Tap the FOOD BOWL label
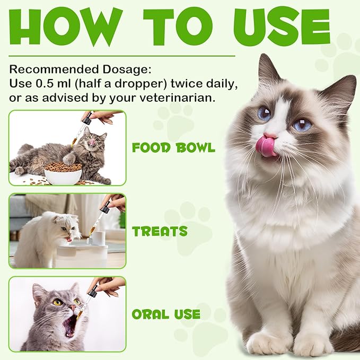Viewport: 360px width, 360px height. (173, 147)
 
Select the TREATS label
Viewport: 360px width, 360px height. (160, 231)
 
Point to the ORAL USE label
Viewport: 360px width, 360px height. (166, 314)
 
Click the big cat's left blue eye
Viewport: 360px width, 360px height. (264, 113)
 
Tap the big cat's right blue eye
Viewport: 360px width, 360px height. (302, 125)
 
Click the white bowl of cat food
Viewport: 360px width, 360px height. (63, 173)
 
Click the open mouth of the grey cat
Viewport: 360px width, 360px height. (69, 325)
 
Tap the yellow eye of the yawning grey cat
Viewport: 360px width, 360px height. (56, 302)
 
